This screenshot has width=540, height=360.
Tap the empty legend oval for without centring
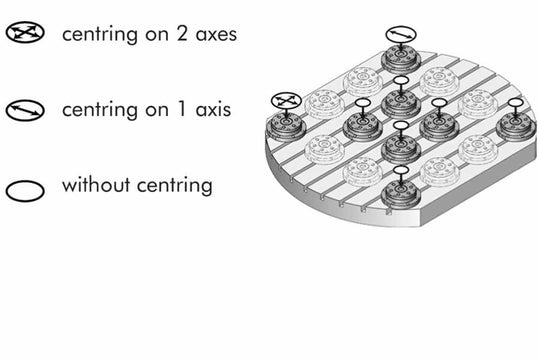[24, 186]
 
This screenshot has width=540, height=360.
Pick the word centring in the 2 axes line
[96, 35]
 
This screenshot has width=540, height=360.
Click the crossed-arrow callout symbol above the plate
[286, 101]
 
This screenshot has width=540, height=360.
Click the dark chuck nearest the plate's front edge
[399, 194]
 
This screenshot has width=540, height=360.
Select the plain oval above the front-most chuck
[400, 172]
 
